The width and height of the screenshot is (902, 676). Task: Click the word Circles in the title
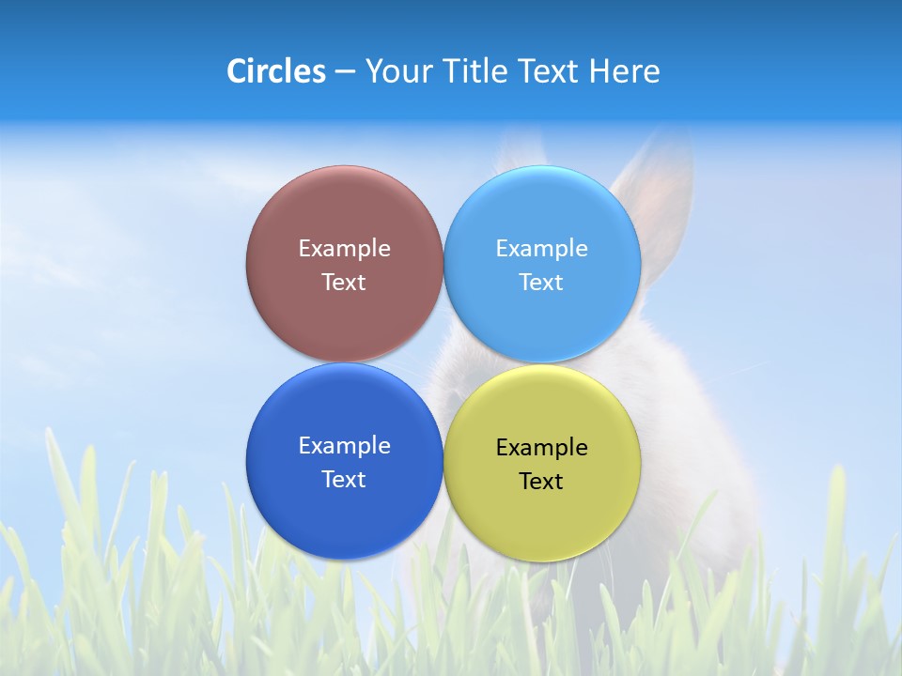click(x=275, y=71)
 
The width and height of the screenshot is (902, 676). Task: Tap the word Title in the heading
click(x=477, y=71)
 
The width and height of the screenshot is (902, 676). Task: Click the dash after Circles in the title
click(x=345, y=72)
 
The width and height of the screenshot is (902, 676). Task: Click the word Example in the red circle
click(x=344, y=249)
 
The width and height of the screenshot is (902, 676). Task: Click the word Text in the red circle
click(x=344, y=282)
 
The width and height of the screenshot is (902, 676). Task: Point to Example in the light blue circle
click(x=542, y=249)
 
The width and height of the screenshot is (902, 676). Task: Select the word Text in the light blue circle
click(x=542, y=282)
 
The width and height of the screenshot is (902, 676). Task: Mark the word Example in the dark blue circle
click(x=344, y=446)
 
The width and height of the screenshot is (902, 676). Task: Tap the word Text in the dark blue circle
click(x=344, y=479)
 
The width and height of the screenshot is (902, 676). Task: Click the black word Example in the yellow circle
click(x=542, y=448)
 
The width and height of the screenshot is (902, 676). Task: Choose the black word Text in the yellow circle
click(x=542, y=481)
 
